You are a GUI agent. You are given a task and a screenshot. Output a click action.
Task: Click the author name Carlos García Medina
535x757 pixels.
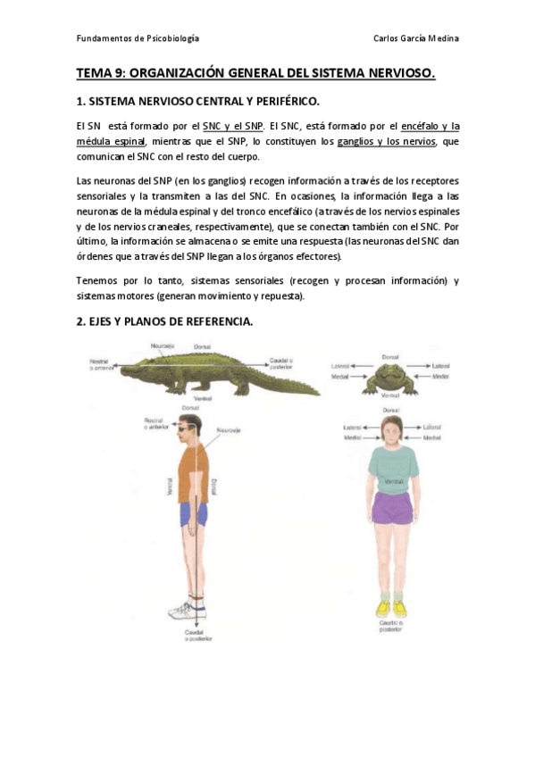click(416, 39)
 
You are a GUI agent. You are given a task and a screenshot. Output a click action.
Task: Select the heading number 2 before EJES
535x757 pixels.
click(79, 322)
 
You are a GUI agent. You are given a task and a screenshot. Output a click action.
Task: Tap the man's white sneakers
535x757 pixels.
click(190, 611)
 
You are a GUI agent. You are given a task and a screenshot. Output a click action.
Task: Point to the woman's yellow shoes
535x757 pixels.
click(391, 608)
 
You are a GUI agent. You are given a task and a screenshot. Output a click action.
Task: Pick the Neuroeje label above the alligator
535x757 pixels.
click(163, 345)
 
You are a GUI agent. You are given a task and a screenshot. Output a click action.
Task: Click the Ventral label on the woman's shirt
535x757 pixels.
click(389, 482)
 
